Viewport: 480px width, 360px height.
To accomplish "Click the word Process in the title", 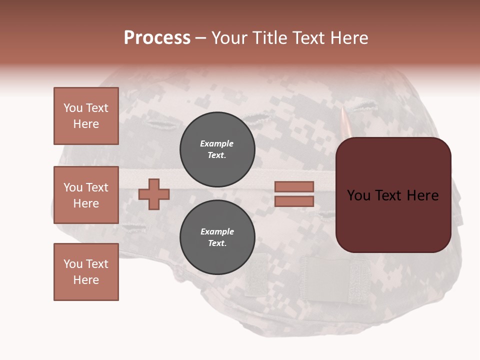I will pos(157,38).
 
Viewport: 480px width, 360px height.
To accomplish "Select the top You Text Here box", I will pos(86,116).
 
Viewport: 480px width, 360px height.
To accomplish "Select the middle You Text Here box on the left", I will pos(86,195).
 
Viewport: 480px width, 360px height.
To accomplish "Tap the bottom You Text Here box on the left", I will pos(86,272).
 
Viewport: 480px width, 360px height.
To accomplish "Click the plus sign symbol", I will pos(154,194).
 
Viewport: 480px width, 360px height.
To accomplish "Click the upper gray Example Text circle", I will pos(217,149).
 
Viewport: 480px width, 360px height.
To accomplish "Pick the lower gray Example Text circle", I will pos(217,237).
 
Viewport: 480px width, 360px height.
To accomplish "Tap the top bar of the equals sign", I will pos(294,186).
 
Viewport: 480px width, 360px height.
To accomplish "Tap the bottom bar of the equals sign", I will pos(294,201).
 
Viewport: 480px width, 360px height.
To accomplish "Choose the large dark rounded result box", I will pos(393,195).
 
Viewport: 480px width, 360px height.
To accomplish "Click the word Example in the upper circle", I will pos(217,143).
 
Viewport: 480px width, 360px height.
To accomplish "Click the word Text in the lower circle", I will pos(216,243).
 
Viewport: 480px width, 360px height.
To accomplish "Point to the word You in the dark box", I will pos(359,195).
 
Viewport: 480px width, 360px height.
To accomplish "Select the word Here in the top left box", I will pos(86,124).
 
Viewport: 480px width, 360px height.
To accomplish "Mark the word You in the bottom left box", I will pos(73,264).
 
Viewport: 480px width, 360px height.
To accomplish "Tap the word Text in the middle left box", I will pos(96,187).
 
